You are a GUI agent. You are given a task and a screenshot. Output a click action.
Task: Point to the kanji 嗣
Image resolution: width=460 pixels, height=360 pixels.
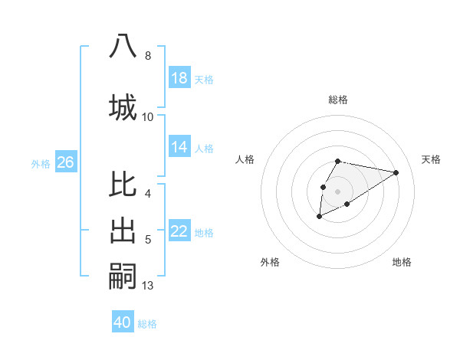point(123,275)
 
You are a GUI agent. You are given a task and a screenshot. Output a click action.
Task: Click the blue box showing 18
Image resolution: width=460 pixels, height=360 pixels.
point(179,78)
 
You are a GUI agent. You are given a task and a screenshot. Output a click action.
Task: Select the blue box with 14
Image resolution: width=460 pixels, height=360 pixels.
point(179,147)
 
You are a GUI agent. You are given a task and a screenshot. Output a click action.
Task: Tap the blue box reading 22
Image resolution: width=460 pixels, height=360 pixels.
point(179,231)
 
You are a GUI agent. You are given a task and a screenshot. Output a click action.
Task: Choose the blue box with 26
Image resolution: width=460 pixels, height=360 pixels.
point(65,162)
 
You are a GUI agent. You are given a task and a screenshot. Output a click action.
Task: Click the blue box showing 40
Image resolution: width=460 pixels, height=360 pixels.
point(123,322)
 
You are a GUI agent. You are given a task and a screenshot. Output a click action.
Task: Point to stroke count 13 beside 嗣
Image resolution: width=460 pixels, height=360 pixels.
point(148,286)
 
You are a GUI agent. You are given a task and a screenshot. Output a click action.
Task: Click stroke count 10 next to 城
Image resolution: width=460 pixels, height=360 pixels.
point(148,116)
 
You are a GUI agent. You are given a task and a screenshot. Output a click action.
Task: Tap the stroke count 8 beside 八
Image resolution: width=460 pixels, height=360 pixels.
point(148,55)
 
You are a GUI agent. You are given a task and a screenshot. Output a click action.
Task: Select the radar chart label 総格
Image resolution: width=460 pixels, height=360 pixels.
point(337,100)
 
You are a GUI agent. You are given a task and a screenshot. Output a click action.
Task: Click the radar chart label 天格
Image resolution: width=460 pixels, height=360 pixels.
point(431,159)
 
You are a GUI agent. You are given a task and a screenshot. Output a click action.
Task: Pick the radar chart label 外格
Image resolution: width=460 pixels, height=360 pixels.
point(270,262)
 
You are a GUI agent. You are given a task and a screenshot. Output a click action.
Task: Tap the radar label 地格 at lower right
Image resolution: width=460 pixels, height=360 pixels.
point(402,262)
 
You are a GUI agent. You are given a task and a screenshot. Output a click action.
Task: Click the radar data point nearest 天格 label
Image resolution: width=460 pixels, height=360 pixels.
point(396,172)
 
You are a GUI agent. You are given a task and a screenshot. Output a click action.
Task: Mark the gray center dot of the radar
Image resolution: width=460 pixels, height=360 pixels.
point(337,190)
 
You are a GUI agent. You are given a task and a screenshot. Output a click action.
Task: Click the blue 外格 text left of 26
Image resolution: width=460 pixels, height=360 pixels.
point(41,163)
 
